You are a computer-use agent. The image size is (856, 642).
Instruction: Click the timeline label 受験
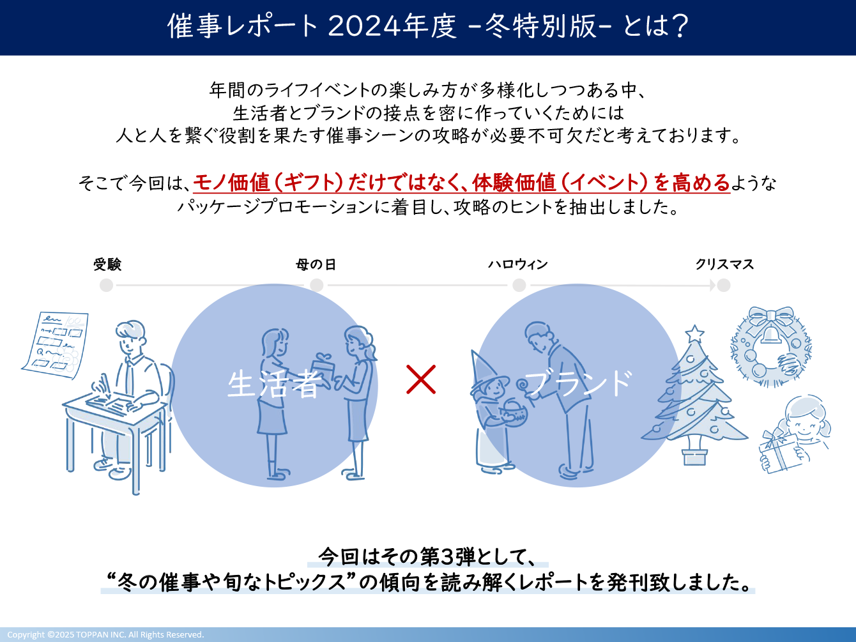pos(107,264)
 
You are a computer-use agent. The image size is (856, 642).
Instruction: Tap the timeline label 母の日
pos(316,264)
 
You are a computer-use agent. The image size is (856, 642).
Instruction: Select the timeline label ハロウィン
pos(518,264)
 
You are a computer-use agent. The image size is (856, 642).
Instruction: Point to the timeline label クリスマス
pos(724,264)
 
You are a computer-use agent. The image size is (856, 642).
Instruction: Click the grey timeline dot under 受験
pos(107,285)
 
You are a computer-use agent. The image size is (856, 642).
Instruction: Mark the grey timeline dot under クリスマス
pos(724,285)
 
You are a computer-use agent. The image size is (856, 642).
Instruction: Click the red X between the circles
pos(421,379)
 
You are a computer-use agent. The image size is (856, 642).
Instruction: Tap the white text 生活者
pos(275,385)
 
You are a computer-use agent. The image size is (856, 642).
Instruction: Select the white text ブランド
pos(578,383)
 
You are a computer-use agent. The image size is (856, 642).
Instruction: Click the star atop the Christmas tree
pos(694,334)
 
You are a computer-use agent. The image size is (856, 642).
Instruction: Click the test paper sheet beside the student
pos(56,346)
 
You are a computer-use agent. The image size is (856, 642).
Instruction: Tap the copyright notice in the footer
pos(105,634)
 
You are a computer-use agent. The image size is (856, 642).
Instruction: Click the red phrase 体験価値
pos(514,183)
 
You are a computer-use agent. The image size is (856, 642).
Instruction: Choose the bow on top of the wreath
pos(771,317)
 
